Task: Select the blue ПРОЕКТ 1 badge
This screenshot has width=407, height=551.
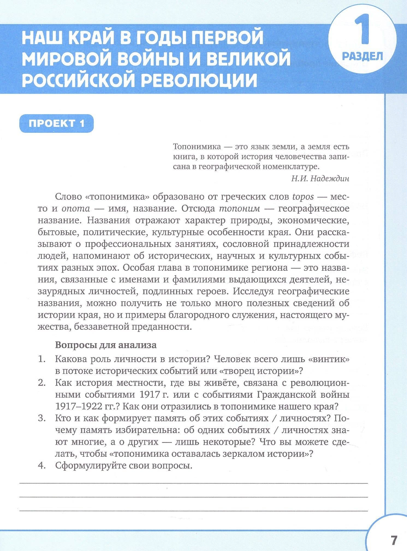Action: [57, 123]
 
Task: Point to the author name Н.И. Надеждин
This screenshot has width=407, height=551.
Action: [320, 179]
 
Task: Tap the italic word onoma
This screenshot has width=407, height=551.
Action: [76, 209]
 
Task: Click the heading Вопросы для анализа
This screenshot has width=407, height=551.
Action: [106, 345]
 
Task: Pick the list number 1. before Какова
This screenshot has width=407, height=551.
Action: [41, 359]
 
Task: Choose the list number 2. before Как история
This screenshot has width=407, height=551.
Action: [41, 383]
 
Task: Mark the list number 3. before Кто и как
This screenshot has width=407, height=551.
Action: [41, 418]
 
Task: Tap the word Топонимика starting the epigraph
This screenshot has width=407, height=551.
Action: [197, 147]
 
